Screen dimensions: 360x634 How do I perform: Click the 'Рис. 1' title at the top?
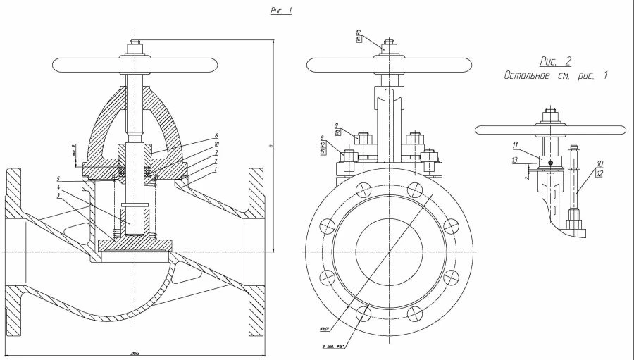[x=281, y=11]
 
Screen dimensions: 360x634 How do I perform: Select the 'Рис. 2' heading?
[x=554, y=61]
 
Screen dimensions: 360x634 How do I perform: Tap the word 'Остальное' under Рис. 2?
[x=526, y=75]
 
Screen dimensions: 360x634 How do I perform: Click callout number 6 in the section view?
[x=216, y=135]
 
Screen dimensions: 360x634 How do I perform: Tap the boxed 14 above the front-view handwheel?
[x=359, y=40]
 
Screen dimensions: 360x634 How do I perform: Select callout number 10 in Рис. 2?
[x=599, y=163]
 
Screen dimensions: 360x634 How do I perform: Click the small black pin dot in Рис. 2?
[x=549, y=161]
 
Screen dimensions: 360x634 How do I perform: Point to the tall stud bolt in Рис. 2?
[x=575, y=183]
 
